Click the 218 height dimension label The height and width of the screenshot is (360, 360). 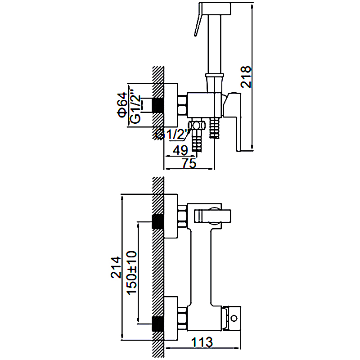(x=246, y=76)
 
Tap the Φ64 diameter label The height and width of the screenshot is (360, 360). (x=122, y=105)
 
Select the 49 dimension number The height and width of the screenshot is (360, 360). (x=180, y=150)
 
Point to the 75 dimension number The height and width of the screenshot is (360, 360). (x=189, y=163)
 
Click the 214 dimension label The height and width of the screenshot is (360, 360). (x=116, y=267)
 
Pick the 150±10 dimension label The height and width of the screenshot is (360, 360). (x=132, y=273)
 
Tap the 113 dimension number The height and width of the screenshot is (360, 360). (x=202, y=342)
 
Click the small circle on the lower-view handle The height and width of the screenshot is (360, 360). (x=234, y=319)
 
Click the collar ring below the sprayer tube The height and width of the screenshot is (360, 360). (x=215, y=75)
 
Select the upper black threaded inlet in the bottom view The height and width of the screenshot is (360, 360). (x=158, y=221)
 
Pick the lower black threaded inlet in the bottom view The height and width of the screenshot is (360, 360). (x=158, y=324)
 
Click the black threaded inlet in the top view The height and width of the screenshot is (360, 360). (x=158, y=105)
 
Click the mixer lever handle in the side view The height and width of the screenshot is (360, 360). (x=232, y=121)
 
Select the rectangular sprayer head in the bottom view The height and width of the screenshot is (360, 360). (x=212, y=216)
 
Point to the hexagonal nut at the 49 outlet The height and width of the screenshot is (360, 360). (x=196, y=125)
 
